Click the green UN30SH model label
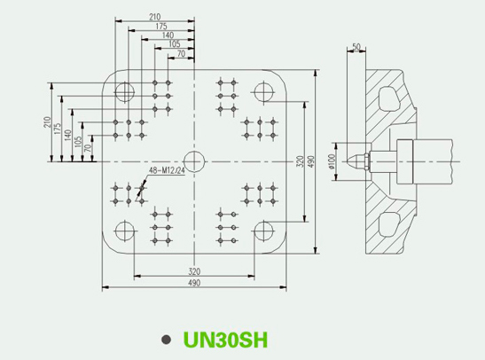click(x=225, y=340)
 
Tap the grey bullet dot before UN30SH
click(x=167, y=340)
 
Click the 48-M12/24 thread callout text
click(x=167, y=170)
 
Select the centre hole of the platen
click(x=194, y=161)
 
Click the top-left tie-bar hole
click(x=125, y=92)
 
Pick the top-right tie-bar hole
click(x=264, y=92)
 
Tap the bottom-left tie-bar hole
click(x=125, y=231)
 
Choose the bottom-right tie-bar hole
click(x=264, y=231)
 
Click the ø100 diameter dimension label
click(x=332, y=161)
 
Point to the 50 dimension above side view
click(x=356, y=47)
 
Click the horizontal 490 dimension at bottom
click(x=194, y=283)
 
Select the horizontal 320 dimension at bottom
click(x=194, y=271)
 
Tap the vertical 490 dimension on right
click(x=311, y=161)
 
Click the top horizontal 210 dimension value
click(x=154, y=17)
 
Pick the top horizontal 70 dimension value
click(x=181, y=54)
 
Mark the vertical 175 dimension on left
click(x=58, y=129)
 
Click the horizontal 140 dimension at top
click(x=168, y=35)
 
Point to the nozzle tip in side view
click(x=348, y=161)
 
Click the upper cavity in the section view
click(x=387, y=98)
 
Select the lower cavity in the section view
click(x=388, y=224)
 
